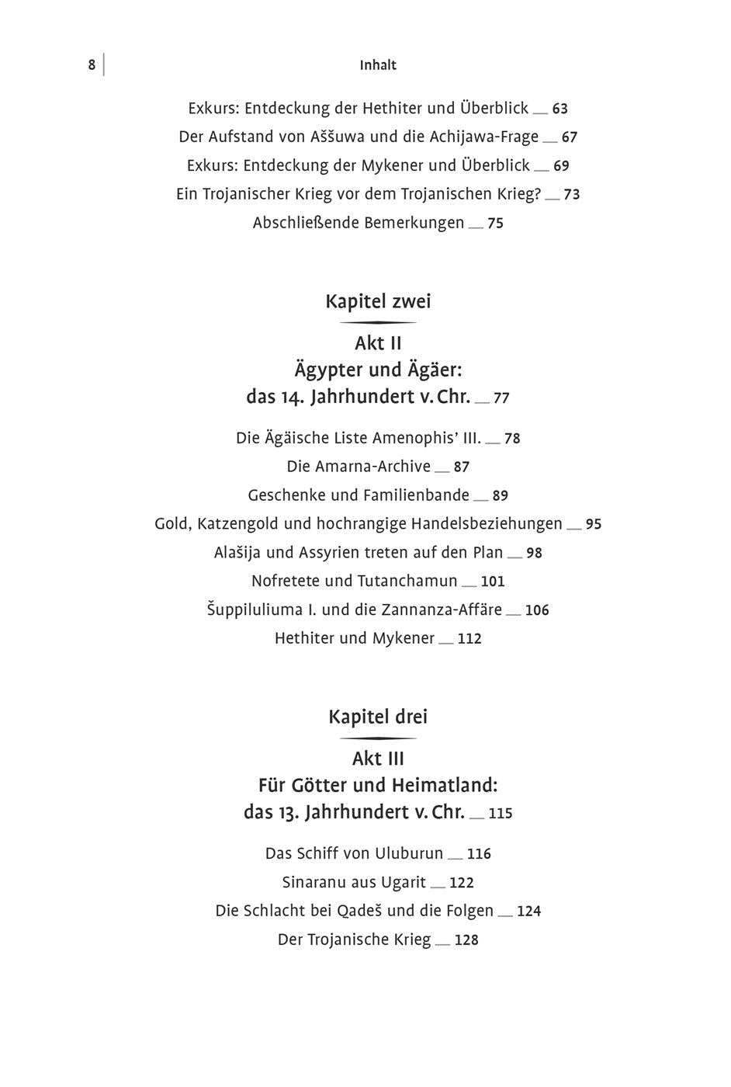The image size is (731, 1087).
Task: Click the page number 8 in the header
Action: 92,65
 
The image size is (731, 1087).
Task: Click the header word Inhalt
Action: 378,65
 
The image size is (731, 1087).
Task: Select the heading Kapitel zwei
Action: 378,301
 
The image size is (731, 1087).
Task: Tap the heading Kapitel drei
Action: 378,717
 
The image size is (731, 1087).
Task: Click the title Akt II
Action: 378,343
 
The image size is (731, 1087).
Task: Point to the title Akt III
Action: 378,759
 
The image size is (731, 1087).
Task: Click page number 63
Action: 560,109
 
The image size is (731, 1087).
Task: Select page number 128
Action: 466,940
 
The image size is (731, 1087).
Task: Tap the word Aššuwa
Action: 334,137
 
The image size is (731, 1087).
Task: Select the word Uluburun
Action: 409,853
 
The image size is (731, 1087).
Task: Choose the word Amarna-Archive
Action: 359,467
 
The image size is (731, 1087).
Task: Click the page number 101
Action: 493,582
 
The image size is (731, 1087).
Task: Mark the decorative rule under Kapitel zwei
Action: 378,322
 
